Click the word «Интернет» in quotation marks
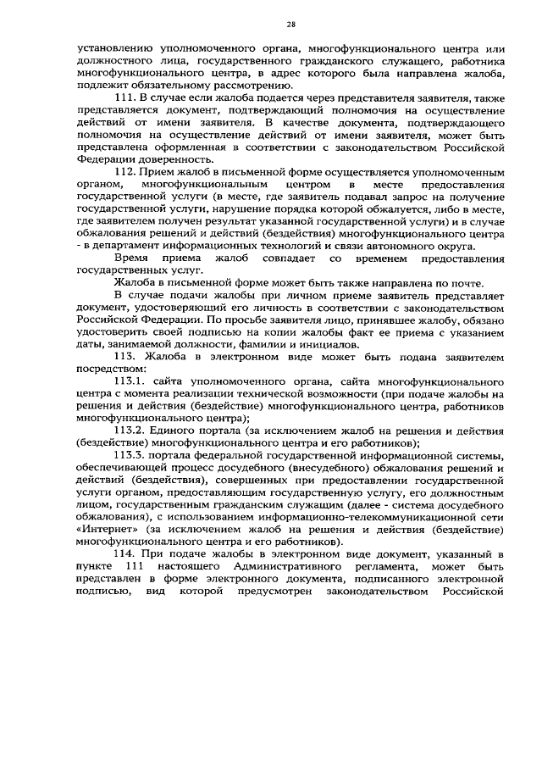(x=104, y=526)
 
